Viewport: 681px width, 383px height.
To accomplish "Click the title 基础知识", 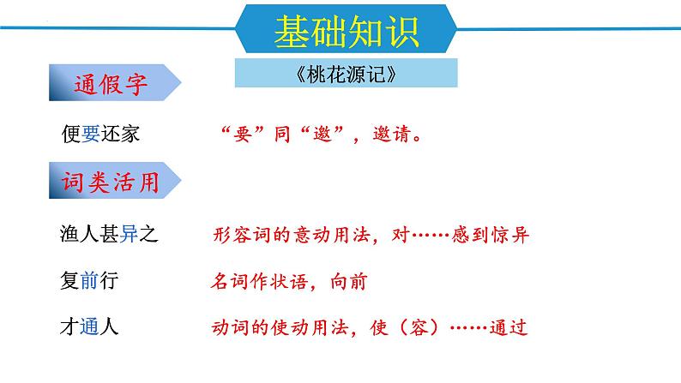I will pyautogui.click(x=346, y=31).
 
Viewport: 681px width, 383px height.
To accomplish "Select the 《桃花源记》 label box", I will pyautogui.click(x=346, y=74).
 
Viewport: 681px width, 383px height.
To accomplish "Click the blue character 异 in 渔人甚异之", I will pyautogui.click(x=129, y=233).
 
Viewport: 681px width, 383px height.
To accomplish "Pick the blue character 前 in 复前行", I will pyautogui.click(x=92, y=280).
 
